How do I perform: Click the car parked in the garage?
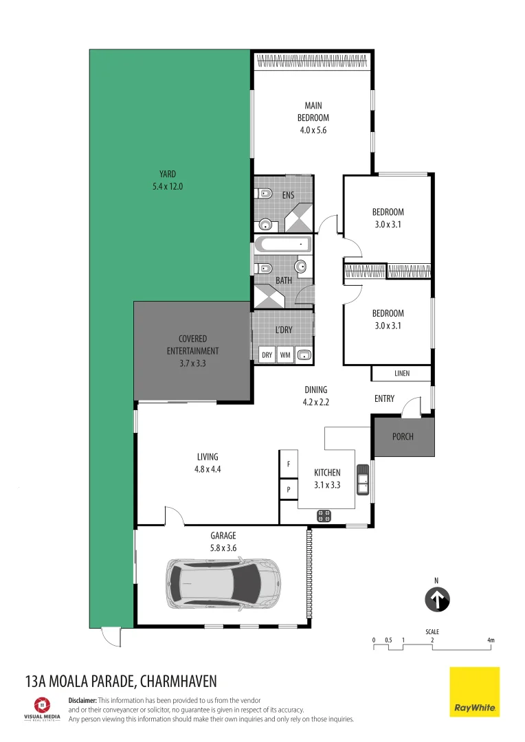pyautogui.click(x=223, y=583)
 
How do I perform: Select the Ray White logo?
pyautogui.click(x=474, y=692)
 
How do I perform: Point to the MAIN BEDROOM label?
pyautogui.click(x=313, y=117)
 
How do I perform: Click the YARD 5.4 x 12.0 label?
pyautogui.click(x=168, y=180)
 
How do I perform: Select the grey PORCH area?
pyautogui.click(x=403, y=436)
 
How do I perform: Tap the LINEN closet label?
pyautogui.click(x=402, y=374)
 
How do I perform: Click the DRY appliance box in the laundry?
pyautogui.click(x=267, y=355)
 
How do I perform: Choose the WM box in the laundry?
pyautogui.click(x=285, y=355)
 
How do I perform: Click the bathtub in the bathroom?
pyautogui.click(x=282, y=245)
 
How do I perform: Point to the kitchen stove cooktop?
pyautogui.click(x=324, y=515)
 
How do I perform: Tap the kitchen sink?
pyautogui.click(x=362, y=478)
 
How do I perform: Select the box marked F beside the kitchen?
pyautogui.click(x=288, y=464)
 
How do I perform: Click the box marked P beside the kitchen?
pyautogui.click(x=288, y=489)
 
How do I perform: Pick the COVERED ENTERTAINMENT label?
pyautogui.click(x=192, y=351)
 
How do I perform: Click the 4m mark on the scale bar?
pyautogui.click(x=491, y=640)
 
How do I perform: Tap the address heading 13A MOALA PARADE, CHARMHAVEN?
pyautogui.click(x=120, y=681)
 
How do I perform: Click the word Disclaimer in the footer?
pyautogui.click(x=82, y=700)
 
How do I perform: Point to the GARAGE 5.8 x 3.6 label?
pyautogui.click(x=223, y=541)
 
